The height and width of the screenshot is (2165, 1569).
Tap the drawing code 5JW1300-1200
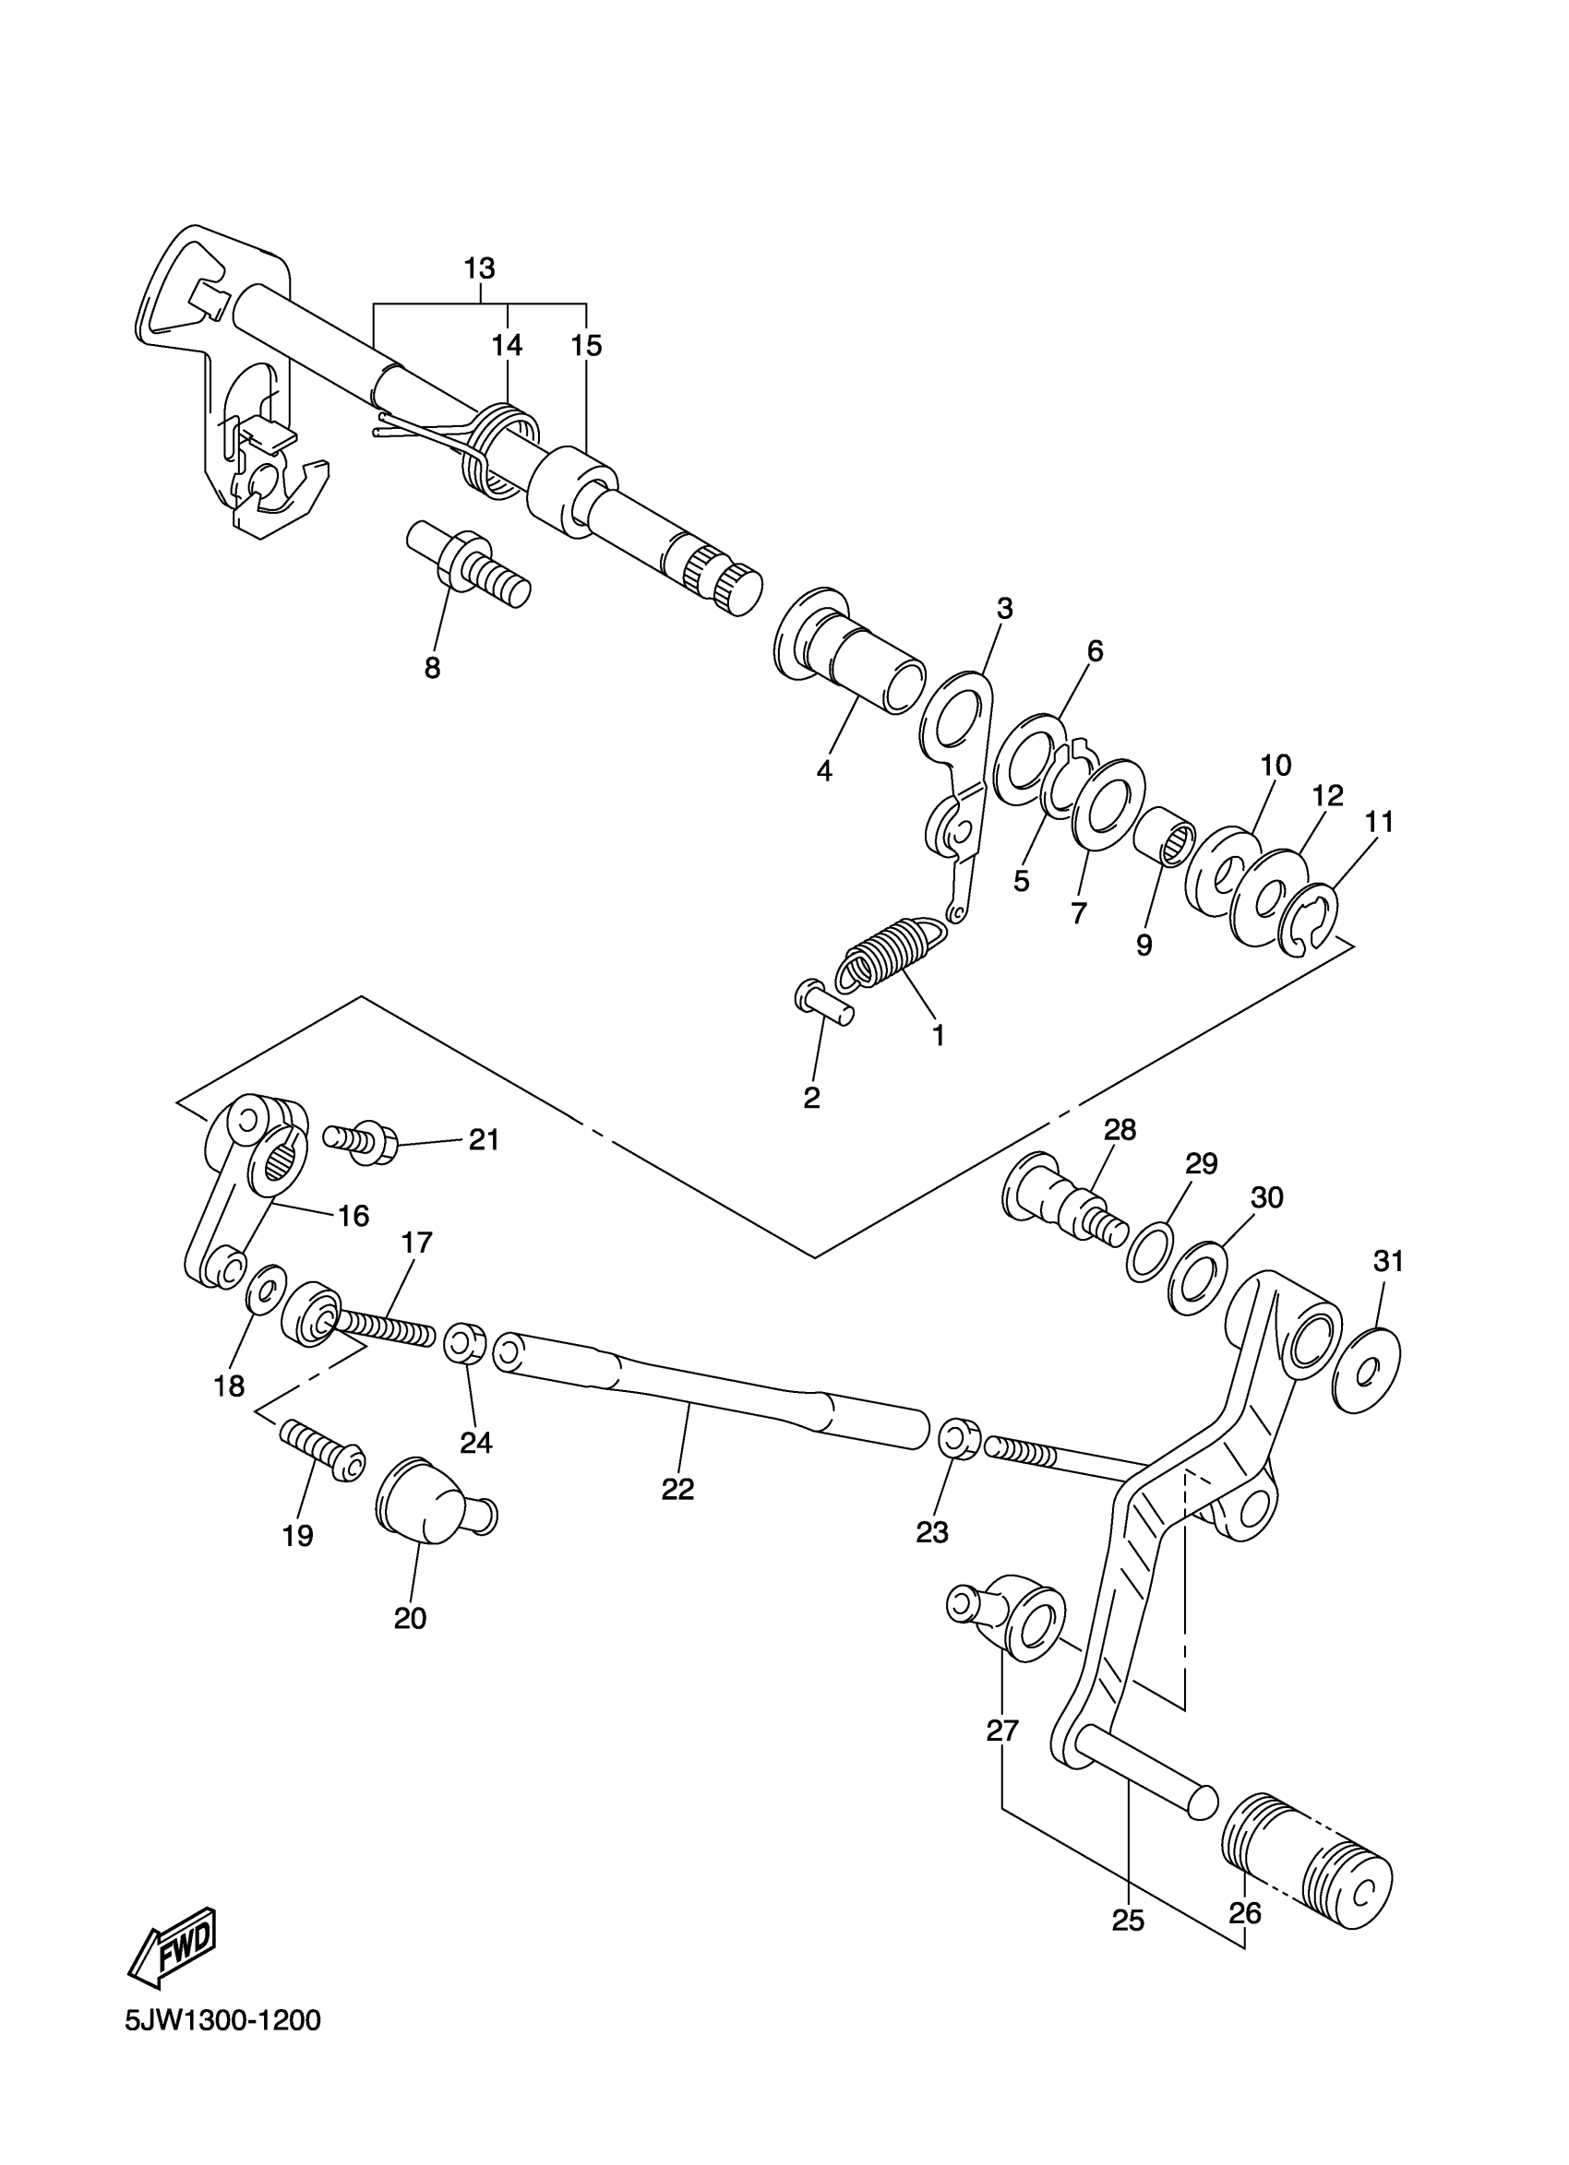pos(222,2047)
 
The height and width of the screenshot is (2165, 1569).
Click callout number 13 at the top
pos(479,268)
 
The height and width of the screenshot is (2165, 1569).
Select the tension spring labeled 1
pos(891,952)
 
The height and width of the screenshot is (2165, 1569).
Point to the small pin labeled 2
pos(822,1006)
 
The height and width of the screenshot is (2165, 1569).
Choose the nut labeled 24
pos(465,1343)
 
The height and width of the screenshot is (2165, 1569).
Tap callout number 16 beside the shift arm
pos(353,1215)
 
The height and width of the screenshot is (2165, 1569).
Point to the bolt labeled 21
pos(357,1142)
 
